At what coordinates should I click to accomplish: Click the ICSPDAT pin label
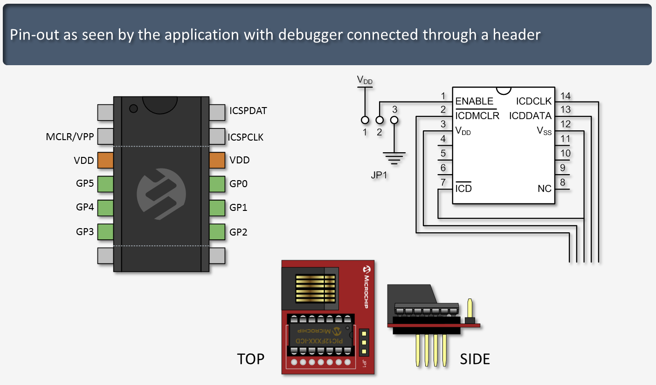[248, 111]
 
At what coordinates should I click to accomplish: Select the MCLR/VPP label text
[70, 137]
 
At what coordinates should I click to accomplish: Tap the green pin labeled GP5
[106, 183]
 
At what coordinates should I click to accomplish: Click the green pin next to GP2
[217, 231]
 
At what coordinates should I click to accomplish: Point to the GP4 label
[85, 207]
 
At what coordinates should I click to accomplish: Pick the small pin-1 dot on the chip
[133, 109]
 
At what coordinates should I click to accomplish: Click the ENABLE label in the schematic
[474, 101]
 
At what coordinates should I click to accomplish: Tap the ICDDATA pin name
[530, 115]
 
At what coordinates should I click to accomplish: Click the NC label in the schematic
[544, 189]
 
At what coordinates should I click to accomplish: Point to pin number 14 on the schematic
[566, 96]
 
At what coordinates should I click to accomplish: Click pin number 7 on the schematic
[443, 182]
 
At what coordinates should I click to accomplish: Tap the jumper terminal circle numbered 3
[394, 121]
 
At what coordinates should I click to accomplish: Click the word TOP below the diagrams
[250, 359]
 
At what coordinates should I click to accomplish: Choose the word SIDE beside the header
[475, 359]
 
